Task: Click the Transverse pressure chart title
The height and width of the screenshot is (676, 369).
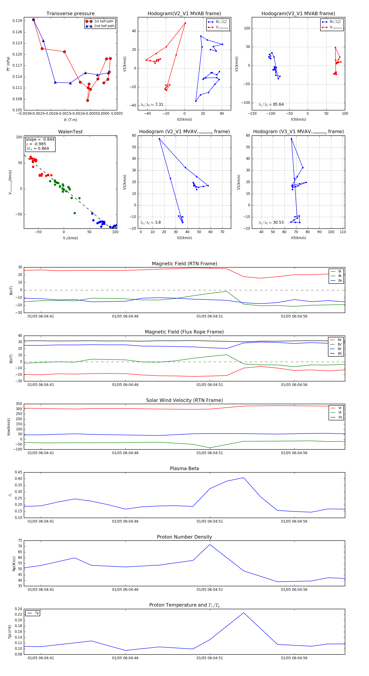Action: tap(70, 14)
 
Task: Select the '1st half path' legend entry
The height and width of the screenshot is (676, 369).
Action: tap(104, 21)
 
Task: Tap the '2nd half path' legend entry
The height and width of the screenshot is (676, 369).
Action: tap(104, 26)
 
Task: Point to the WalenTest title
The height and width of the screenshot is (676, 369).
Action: tap(70, 132)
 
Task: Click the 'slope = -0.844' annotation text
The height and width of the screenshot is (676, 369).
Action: tap(40, 139)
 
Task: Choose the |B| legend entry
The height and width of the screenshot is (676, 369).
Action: tap(339, 354)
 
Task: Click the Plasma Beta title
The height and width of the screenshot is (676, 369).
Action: tap(184, 468)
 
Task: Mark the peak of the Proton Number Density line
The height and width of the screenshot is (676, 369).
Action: tap(210, 544)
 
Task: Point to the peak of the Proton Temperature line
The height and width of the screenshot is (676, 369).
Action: tap(244, 613)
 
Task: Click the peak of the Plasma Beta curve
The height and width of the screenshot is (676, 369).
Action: tap(244, 478)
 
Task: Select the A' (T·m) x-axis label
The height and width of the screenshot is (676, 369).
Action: tap(70, 120)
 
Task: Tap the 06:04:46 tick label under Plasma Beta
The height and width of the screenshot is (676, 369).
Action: tap(125, 521)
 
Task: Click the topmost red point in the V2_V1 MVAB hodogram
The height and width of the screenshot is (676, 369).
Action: tap(185, 23)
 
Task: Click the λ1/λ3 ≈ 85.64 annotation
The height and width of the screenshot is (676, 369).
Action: tap(271, 104)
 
